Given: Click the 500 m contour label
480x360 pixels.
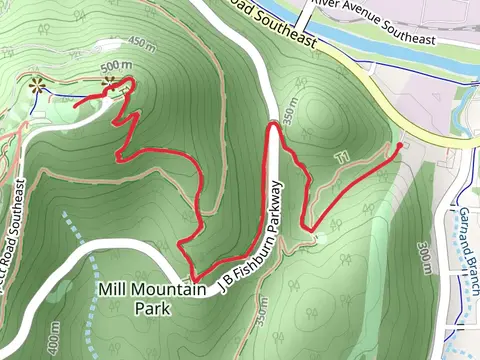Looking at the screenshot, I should pos(117,67).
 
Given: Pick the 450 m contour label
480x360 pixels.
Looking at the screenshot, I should pos(143,43).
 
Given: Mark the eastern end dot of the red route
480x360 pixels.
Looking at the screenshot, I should pos(400,146).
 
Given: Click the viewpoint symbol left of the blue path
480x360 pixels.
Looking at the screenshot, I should pos(38,86).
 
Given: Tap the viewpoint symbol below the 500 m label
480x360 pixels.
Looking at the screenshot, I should pos(127,84).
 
